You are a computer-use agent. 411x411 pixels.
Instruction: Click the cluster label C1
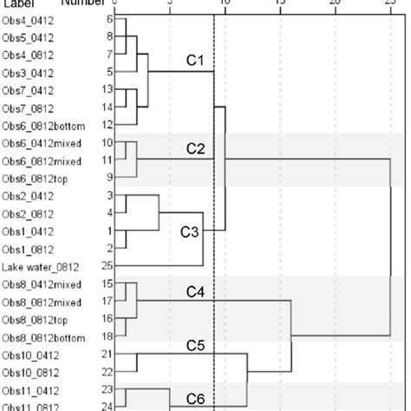point(195,61)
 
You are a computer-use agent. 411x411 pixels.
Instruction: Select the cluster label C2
point(196,150)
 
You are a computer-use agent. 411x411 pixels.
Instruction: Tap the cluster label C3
point(189,232)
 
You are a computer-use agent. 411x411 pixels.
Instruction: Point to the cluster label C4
point(196,292)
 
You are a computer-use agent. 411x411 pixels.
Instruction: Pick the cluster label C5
point(196,346)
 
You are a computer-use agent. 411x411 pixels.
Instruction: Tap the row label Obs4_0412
point(28,18)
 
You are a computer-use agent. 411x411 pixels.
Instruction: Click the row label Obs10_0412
point(30,354)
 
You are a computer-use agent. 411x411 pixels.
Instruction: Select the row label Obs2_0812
point(28,213)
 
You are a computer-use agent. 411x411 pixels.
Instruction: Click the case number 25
point(107,266)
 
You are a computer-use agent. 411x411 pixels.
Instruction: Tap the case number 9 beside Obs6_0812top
point(108,178)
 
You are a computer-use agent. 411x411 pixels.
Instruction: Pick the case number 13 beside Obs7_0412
point(107,89)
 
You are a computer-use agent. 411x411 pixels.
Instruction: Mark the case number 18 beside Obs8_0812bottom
point(107,336)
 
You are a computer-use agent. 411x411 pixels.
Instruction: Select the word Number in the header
point(82,3)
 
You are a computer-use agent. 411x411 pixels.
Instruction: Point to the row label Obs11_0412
point(30,389)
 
